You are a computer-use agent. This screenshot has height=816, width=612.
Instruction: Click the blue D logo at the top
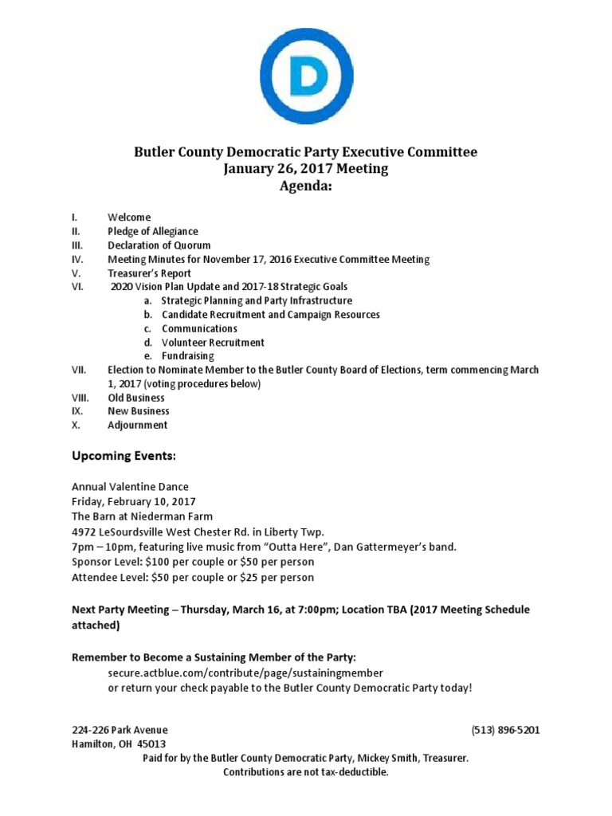306,76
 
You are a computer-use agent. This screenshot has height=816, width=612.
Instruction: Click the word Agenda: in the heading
306,186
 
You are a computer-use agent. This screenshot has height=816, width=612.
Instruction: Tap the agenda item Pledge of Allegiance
153,231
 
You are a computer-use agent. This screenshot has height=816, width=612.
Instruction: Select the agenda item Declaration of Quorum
159,245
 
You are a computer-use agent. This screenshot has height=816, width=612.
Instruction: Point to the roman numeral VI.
77,286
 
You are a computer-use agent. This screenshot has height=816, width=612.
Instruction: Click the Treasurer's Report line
150,273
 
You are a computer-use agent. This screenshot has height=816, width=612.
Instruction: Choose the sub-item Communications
199,328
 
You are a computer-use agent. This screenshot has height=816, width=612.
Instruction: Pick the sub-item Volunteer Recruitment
213,343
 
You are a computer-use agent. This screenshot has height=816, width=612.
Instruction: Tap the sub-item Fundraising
188,356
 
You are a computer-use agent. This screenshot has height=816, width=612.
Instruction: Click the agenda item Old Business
136,398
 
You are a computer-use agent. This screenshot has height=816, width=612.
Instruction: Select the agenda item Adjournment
138,425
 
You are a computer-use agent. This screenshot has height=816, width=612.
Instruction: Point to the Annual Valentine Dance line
131,487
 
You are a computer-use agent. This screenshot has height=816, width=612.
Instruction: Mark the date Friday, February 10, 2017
134,501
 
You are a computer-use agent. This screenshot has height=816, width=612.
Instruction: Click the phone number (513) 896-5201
506,730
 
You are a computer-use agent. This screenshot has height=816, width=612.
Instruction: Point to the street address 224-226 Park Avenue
120,730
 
